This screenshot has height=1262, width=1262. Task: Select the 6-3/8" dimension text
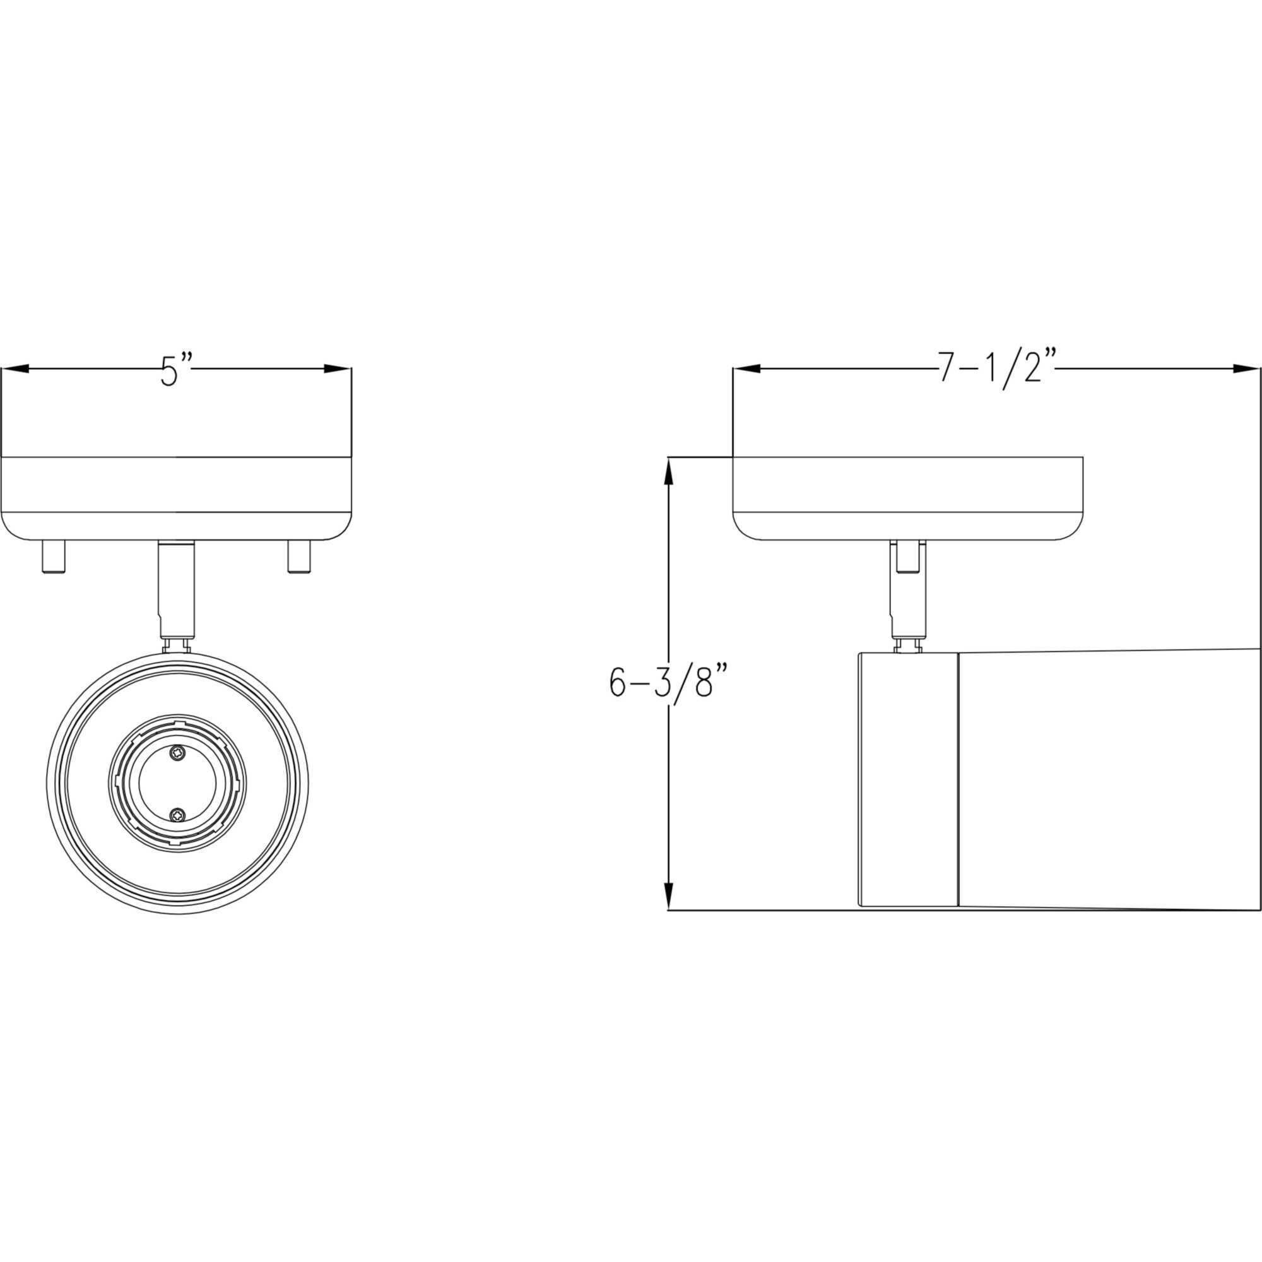[669, 683]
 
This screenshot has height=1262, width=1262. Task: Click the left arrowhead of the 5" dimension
[15, 369]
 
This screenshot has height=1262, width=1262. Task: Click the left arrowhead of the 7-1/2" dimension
[746, 369]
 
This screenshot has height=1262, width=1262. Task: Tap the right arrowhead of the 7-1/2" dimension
[1246, 369]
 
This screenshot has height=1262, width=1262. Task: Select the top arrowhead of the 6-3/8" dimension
[668, 471]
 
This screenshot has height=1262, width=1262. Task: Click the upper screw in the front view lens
[178, 753]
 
